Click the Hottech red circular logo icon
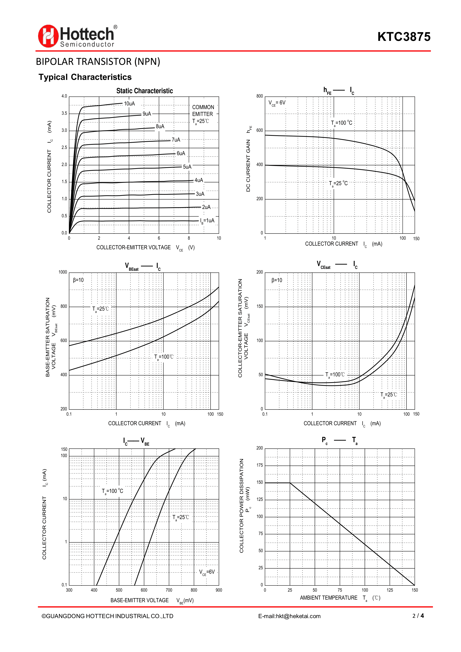point(48,36)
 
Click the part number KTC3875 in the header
point(404,37)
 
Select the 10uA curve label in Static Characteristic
point(129,104)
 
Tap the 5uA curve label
point(187,167)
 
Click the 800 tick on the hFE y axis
point(260,96)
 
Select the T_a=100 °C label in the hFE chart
point(341,123)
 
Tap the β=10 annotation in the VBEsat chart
point(78,280)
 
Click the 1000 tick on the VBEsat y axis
point(63,272)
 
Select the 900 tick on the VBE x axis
point(219,590)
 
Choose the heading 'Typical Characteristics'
point(85,77)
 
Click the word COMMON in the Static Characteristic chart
point(203,107)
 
